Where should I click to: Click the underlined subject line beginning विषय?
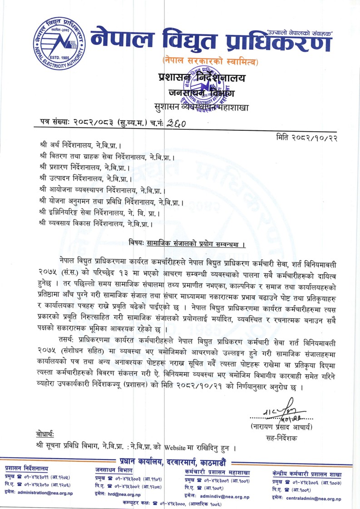187,245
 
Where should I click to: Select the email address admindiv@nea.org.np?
225,497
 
